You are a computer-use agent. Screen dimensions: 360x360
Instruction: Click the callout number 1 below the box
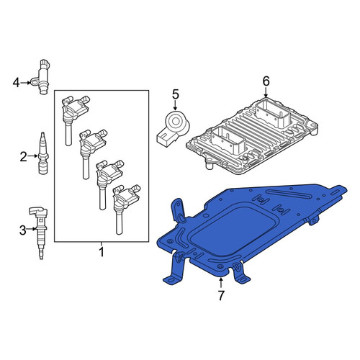pyautogui.click(x=102, y=252)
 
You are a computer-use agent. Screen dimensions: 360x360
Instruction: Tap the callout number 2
pyautogui.click(x=23, y=157)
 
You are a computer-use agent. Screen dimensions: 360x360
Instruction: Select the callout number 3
pyautogui.click(x=22, y=230)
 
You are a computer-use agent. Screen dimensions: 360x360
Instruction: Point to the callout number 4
pyautogui.click(x=16, y=83)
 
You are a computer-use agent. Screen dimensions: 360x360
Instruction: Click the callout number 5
pyautogui.click(x=176, y=94)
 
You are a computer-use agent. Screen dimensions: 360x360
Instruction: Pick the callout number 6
pyautogui.click(x=266, y=81)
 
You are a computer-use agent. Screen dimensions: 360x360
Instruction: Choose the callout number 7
pyautogui.click(x=221, y=295)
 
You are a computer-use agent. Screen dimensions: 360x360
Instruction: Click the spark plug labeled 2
pyautogui.click(x=43, y=153)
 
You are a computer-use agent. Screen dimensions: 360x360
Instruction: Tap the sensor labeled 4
pyautogui.click(x=41, y=76)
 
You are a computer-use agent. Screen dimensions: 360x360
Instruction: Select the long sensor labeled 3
pyautogui.click(x=39, y=232)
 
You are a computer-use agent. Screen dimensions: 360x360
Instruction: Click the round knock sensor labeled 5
pyautogui.click(x=174, y=128)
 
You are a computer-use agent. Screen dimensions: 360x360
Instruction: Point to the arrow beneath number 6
pyautogui.click(x=266, y=92)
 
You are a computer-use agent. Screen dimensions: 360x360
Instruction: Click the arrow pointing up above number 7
pyautogui.click(x=220, y=282)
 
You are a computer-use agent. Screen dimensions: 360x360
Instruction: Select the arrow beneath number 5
pyautogui.click(x=175, y=106)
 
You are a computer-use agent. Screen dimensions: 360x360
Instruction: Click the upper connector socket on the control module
pyautogui.click(x=273, y=114)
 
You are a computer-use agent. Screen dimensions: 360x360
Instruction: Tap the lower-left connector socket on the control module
pyautogui.click(x=229, y=140)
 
